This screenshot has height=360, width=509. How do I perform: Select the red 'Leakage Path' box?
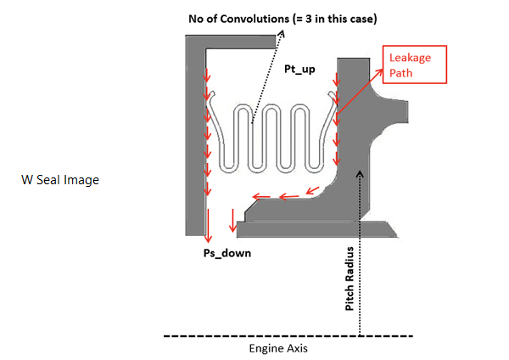[415, 64]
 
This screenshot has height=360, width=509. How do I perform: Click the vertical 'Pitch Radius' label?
[350, 279]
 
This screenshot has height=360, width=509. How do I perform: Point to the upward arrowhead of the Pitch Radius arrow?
[361, 173]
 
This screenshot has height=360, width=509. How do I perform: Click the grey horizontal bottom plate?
[314, 228]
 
